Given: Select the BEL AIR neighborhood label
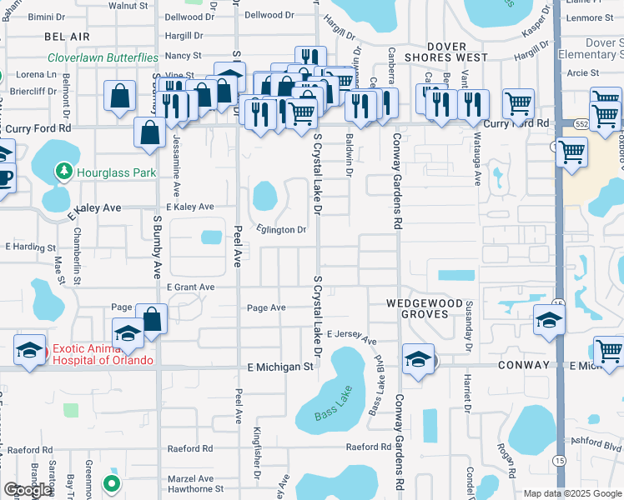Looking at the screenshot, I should (x=67, y=37).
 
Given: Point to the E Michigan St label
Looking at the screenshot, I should (x=280, y=367).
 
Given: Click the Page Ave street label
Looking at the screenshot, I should (x=266, y=307).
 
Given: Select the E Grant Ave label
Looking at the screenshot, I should (x=190, y=287).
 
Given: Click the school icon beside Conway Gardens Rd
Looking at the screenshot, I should (x=417, y=360).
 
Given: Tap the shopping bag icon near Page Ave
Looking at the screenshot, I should (x=151, y=319).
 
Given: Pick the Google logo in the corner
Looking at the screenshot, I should (x=27, y=490).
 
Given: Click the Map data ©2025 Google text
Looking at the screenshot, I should (x=572, y=493).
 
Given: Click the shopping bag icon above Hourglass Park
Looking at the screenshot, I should (x=149, y=132).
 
